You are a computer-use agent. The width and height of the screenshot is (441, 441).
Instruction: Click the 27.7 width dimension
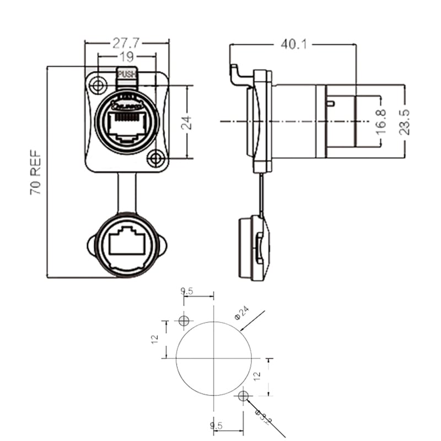[126, 42]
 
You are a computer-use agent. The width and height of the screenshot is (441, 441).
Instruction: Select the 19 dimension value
[127, 56]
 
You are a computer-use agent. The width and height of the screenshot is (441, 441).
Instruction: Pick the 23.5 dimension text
[405, 122]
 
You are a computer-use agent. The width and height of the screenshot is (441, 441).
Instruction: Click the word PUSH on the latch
[127, 73]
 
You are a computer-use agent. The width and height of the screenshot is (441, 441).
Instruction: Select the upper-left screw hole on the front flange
[99, 85]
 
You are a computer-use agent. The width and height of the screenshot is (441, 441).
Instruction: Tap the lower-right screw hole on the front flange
[156, 159]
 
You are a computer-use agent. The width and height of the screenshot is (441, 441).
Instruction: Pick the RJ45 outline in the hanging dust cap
[127, 243]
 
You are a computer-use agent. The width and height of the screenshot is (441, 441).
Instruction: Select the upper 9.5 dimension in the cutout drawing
[187, 291]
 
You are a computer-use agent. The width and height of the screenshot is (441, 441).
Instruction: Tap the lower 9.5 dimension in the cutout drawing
[216, 426]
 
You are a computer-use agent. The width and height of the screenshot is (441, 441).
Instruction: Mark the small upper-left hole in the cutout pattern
[184, 320]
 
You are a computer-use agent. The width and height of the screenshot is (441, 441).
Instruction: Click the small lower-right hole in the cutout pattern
[243, 395]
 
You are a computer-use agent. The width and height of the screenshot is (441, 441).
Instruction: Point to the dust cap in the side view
[254, 248]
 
